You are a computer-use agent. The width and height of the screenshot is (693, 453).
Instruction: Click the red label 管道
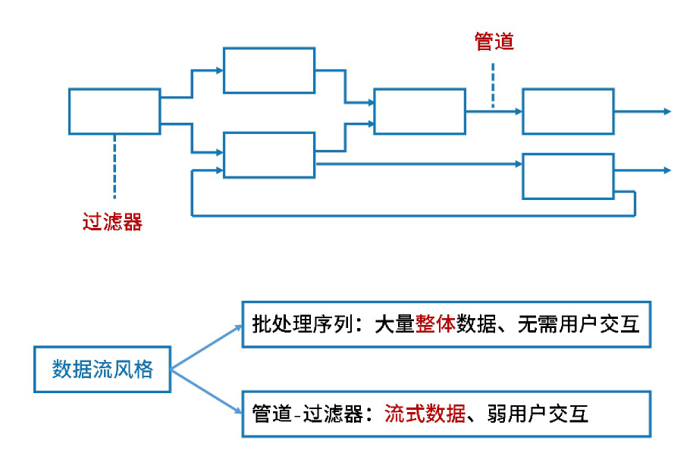point(494,42)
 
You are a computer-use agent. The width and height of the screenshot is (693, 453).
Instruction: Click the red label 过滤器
point(112,222)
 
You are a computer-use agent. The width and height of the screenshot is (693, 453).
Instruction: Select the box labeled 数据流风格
point(102,370)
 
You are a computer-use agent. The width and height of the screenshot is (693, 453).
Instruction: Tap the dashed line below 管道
point(493,85)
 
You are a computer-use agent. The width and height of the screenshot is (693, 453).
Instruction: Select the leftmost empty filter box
point(114,111)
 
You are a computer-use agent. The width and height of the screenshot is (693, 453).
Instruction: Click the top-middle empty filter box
point(268,70)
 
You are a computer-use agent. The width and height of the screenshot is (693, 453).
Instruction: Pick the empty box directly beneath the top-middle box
point(268,155)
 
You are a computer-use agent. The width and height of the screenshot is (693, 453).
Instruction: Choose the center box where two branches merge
point(419,111)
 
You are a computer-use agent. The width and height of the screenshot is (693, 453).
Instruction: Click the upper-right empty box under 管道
point(568,111)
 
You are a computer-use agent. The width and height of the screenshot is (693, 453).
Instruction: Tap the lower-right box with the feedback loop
point(568,176)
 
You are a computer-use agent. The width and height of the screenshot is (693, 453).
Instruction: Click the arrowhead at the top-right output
point(667,111)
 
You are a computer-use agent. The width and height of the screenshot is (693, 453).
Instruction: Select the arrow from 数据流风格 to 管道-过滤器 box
point(207,392)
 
